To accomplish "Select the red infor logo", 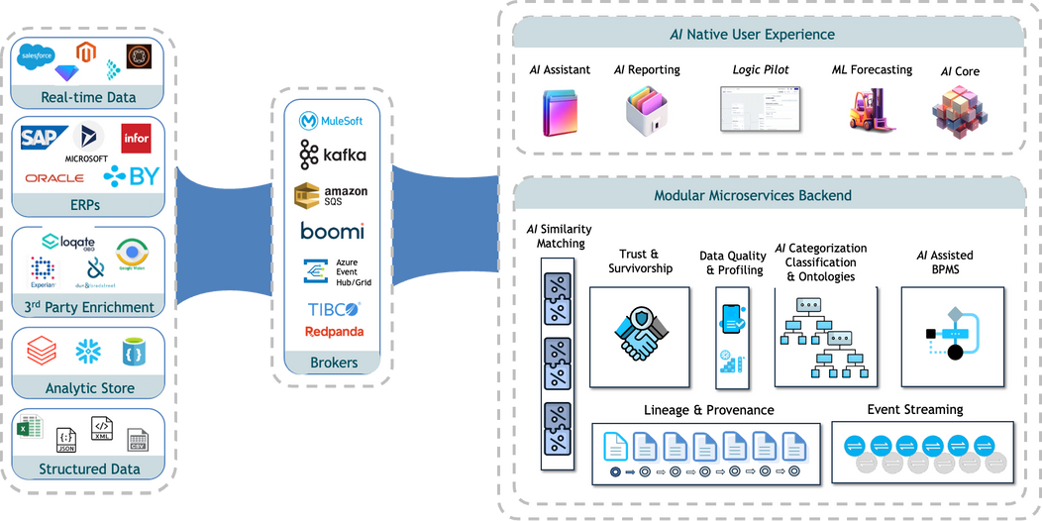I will point(136,139).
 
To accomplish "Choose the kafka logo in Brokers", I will point(333,155).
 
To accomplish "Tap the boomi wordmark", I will point(333,231).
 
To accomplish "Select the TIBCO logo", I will point(333,309).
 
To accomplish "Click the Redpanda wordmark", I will point(333,331).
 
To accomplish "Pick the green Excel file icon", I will point(29,432).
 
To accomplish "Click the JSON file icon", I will point(66,440).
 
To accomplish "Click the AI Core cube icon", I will point(957,110).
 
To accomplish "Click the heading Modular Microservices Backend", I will point(753,195).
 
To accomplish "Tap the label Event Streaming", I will point(914,409).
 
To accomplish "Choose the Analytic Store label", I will point(89,388).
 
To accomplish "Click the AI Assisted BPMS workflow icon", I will point(951,335).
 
